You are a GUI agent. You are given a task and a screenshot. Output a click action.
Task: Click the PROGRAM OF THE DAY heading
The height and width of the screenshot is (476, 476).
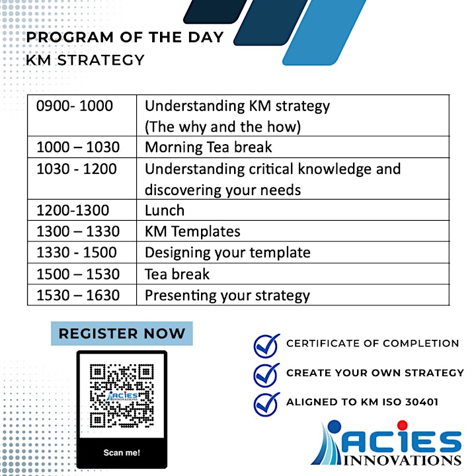click(125, 37)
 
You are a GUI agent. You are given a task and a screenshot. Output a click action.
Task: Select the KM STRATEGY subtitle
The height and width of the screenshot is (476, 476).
click(85, 60)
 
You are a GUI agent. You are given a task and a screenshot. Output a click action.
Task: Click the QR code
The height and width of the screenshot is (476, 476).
click(122, 396)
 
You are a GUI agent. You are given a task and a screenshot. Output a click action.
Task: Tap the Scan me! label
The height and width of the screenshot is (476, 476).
click(122, 453)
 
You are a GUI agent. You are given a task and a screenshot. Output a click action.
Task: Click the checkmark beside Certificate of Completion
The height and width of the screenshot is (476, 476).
click(266, 346)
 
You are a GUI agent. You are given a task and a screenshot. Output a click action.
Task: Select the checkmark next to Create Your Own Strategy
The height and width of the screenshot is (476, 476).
click(266, 375)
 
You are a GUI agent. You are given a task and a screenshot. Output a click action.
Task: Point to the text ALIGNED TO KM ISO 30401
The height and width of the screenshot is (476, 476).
click(362, 402)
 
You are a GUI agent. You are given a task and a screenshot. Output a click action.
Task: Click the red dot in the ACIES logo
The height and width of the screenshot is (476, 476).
click(402, 425)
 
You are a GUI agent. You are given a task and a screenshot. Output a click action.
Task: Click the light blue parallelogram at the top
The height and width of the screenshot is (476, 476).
click(324, 32)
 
